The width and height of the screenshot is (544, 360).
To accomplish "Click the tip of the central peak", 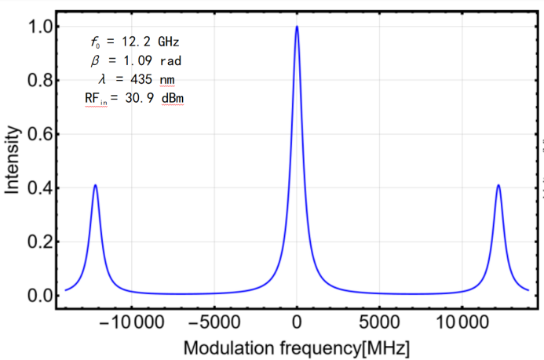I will (x=297, y=27).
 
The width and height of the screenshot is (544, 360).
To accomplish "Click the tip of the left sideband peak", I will (x=95, y=185).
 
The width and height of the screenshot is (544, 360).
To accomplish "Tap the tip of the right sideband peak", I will (x=498, y=185).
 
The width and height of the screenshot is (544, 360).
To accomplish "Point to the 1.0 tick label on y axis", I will (x=39, y=27).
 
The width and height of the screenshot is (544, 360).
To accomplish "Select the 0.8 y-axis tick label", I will (x=39, y=81).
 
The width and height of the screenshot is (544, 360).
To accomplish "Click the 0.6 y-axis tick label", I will (x=39, y=134).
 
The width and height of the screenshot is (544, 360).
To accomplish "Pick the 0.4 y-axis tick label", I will (x=39, y=188).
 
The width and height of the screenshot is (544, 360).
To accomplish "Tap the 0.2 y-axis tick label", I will (x=39, y=242).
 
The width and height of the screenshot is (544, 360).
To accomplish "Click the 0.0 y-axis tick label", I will (x=39, y=296).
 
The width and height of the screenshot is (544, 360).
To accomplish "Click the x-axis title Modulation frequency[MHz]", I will (x=296, y=347).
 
